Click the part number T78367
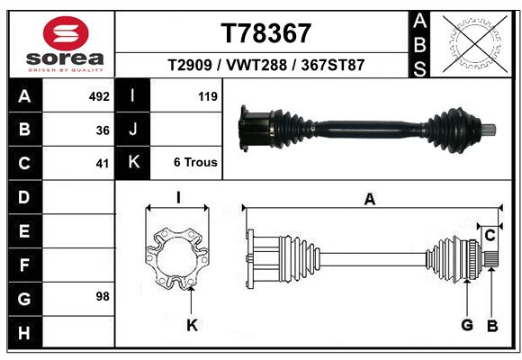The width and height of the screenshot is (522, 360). click(265, 33)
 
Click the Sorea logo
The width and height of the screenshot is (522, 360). click(66, 44)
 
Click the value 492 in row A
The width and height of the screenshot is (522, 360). click(98, 96)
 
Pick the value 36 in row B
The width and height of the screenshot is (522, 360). click(102, 130)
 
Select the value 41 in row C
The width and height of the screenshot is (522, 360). click(102, 164)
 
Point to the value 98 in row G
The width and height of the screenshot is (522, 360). click(100, 296)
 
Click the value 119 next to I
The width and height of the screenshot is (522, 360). click(206, 96)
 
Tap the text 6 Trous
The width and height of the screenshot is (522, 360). click(195, 163)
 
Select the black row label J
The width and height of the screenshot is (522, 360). click(133, 130)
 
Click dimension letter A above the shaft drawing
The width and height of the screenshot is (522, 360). click(369, 200)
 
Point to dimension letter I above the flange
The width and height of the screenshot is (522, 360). click(178, 198)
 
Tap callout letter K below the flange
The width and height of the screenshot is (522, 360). click(192, 325)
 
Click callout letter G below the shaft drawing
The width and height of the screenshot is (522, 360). click(467, 325)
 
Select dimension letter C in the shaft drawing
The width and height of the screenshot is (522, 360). click(490, 235)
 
